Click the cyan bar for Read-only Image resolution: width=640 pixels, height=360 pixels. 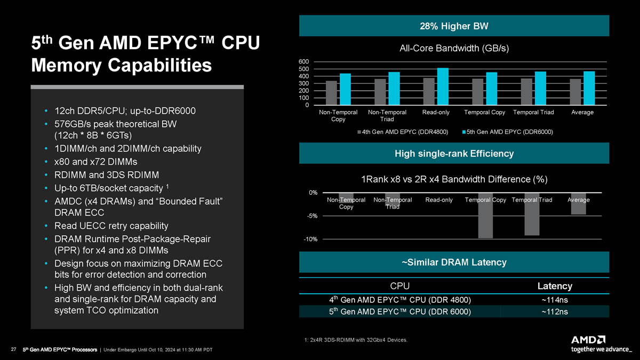[x=443, y=86]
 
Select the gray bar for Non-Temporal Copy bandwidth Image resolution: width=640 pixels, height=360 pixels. [x=331, y=93]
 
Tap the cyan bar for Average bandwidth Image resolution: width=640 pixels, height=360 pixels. [x=589, y=88]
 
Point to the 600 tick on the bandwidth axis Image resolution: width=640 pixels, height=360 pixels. [x=303, y=62]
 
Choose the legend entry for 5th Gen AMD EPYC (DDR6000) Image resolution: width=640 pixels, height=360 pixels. [x=507, y=132]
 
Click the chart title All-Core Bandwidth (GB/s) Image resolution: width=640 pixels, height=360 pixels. [x=454, y=49]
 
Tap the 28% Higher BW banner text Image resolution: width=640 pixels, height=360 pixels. [x=454, y=26]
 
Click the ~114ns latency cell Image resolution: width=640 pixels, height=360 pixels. [x=555, y=300]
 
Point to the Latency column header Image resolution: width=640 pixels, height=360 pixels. [x=555, y=286]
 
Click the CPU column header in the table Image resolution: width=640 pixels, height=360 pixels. [x=400, y=286]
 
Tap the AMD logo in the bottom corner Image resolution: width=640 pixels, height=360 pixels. [x=588, y=340]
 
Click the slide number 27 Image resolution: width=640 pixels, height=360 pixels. [x=13, y=350]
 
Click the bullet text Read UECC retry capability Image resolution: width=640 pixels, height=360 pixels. [x=111, y=226]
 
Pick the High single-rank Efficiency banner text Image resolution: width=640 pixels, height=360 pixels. [x=454, y=154]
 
